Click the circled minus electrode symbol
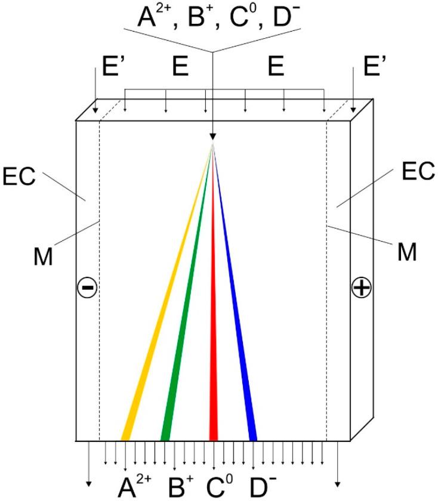point(87,287)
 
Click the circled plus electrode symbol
point(361,287)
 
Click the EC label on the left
point(23,177)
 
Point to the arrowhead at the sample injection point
point(212,137)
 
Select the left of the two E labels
point(181,67)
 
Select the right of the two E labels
point(275,67)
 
